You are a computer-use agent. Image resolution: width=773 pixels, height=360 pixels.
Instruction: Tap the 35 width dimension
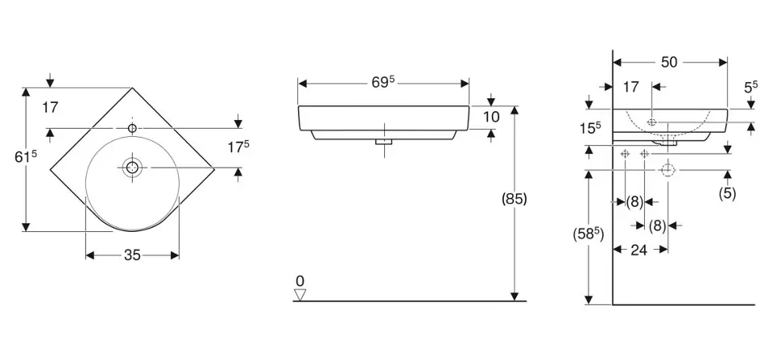click(132, 255)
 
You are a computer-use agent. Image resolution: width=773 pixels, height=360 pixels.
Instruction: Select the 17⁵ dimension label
click(237, 147)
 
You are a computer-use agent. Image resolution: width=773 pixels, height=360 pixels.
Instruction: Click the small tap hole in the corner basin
click(131, 127)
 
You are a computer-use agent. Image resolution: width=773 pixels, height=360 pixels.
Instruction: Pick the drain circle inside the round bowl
click(132, 168)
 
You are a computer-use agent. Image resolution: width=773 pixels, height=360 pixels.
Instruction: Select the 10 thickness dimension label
click(491, 118)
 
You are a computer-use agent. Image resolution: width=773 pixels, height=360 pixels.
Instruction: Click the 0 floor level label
click(300, 280)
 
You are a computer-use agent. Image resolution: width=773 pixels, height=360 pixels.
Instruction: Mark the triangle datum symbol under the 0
click(300, 294)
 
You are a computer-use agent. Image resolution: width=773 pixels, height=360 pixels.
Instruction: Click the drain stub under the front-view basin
click(384, 142)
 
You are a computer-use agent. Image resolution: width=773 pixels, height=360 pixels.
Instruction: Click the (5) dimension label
click(728, 193)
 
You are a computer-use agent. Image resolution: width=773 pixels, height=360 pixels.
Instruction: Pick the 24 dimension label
click(639, 250)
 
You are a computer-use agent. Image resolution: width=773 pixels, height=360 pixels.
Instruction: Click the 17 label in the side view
click(630, 86)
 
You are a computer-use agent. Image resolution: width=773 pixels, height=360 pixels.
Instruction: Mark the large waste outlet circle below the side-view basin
click(667, 170)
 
